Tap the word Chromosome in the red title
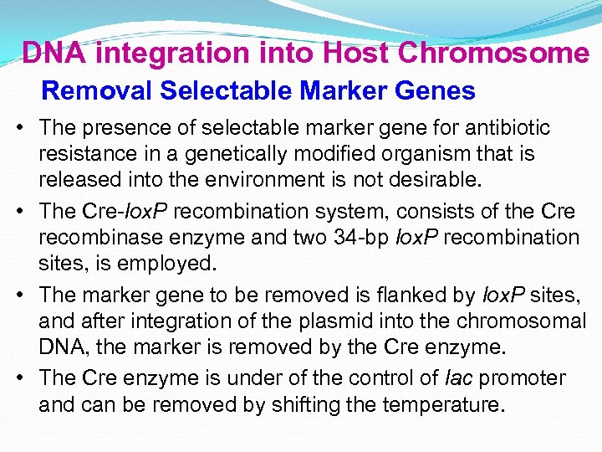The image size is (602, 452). [494, 53]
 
